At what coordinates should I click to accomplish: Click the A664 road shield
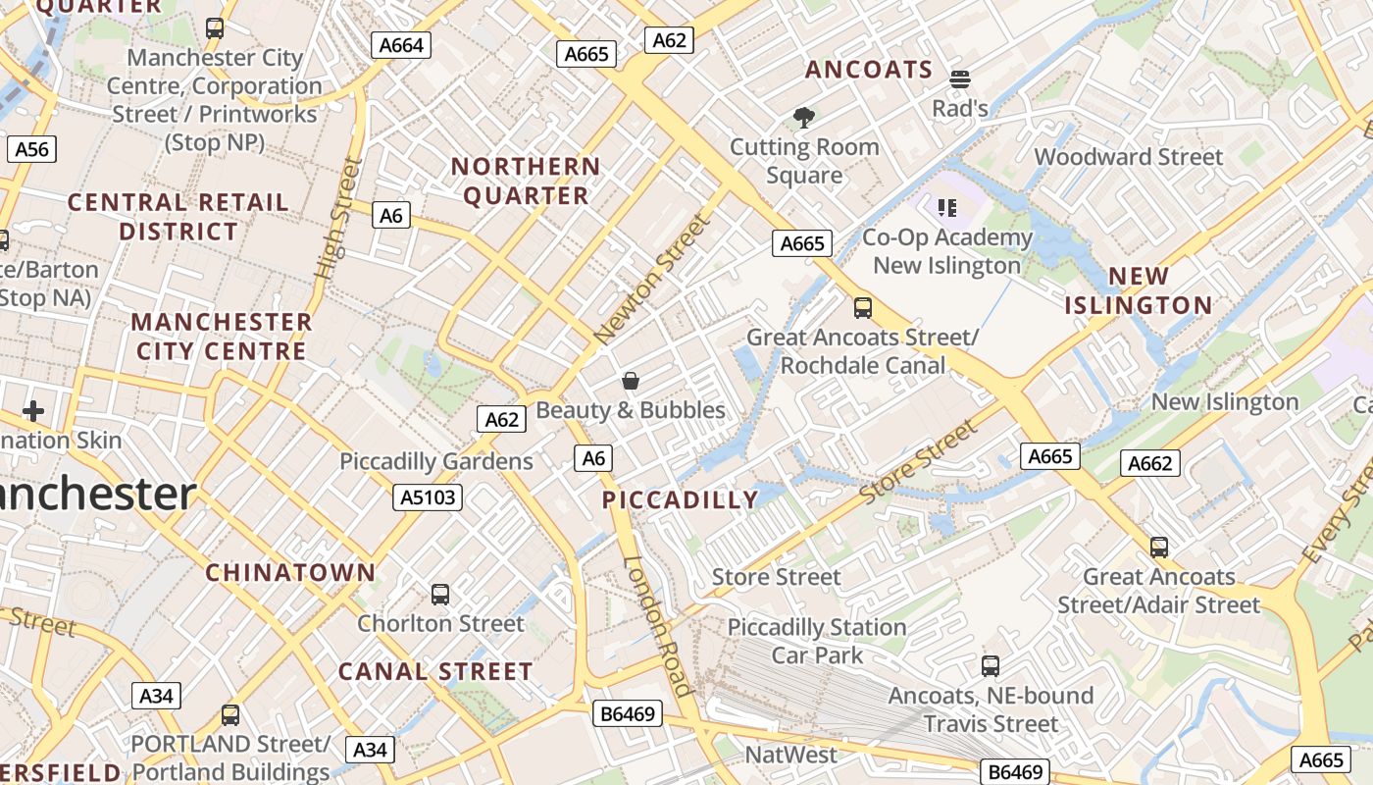click(401, 44)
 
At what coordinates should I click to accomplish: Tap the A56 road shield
click(32, 149)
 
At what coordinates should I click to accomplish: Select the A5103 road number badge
click(429, 497)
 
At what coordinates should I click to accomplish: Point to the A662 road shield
click(1149, 463)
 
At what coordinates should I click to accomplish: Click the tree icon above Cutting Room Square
click(804, 119)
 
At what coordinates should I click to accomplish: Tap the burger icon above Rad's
click(959, 79)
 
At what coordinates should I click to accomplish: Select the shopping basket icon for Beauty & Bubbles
click(631, 381)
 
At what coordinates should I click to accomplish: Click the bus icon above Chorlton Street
click(440, 594)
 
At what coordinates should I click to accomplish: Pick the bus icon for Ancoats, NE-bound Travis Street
click(991, 666)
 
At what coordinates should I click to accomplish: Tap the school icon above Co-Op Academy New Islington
click(946, 207)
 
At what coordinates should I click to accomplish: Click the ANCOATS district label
click(869, 70)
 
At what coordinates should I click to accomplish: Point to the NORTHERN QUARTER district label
click(526, 181)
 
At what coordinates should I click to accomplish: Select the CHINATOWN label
click(290, 572)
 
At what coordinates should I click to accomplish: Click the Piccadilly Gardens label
click(436, 461)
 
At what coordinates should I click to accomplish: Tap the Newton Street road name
click(650, 279)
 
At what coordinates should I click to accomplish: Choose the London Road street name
click(659, 626)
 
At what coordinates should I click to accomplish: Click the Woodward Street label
click(1129, 157)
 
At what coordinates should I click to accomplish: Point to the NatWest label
click(791, 755)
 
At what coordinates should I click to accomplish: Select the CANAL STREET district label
click(435, 672)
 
